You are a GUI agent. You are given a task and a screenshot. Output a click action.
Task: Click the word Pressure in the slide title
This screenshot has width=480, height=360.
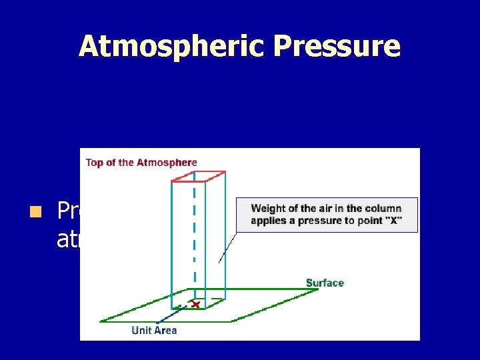(x=337, y=47)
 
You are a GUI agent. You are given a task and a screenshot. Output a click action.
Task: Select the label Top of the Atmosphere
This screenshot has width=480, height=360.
(x=141, y=162)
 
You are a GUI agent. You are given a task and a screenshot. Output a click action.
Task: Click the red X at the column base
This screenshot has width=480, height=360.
(x=195, y=305)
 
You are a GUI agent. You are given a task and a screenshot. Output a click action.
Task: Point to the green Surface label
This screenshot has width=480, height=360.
(x=325, y=283)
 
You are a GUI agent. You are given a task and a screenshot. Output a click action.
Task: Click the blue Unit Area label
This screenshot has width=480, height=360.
(x=154, y=330)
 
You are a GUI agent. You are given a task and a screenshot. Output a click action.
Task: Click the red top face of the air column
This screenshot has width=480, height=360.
(x=199, y=177)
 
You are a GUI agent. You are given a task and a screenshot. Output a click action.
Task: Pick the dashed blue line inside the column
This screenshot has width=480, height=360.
(x=195, y=233)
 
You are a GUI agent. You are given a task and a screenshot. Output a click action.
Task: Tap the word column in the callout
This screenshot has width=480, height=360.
(x=382, y=209)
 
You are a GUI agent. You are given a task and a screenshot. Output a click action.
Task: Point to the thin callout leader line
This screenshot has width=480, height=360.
(x=228, y=247)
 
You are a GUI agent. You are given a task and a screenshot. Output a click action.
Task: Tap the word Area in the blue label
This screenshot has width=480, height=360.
(x=165, y=330)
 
